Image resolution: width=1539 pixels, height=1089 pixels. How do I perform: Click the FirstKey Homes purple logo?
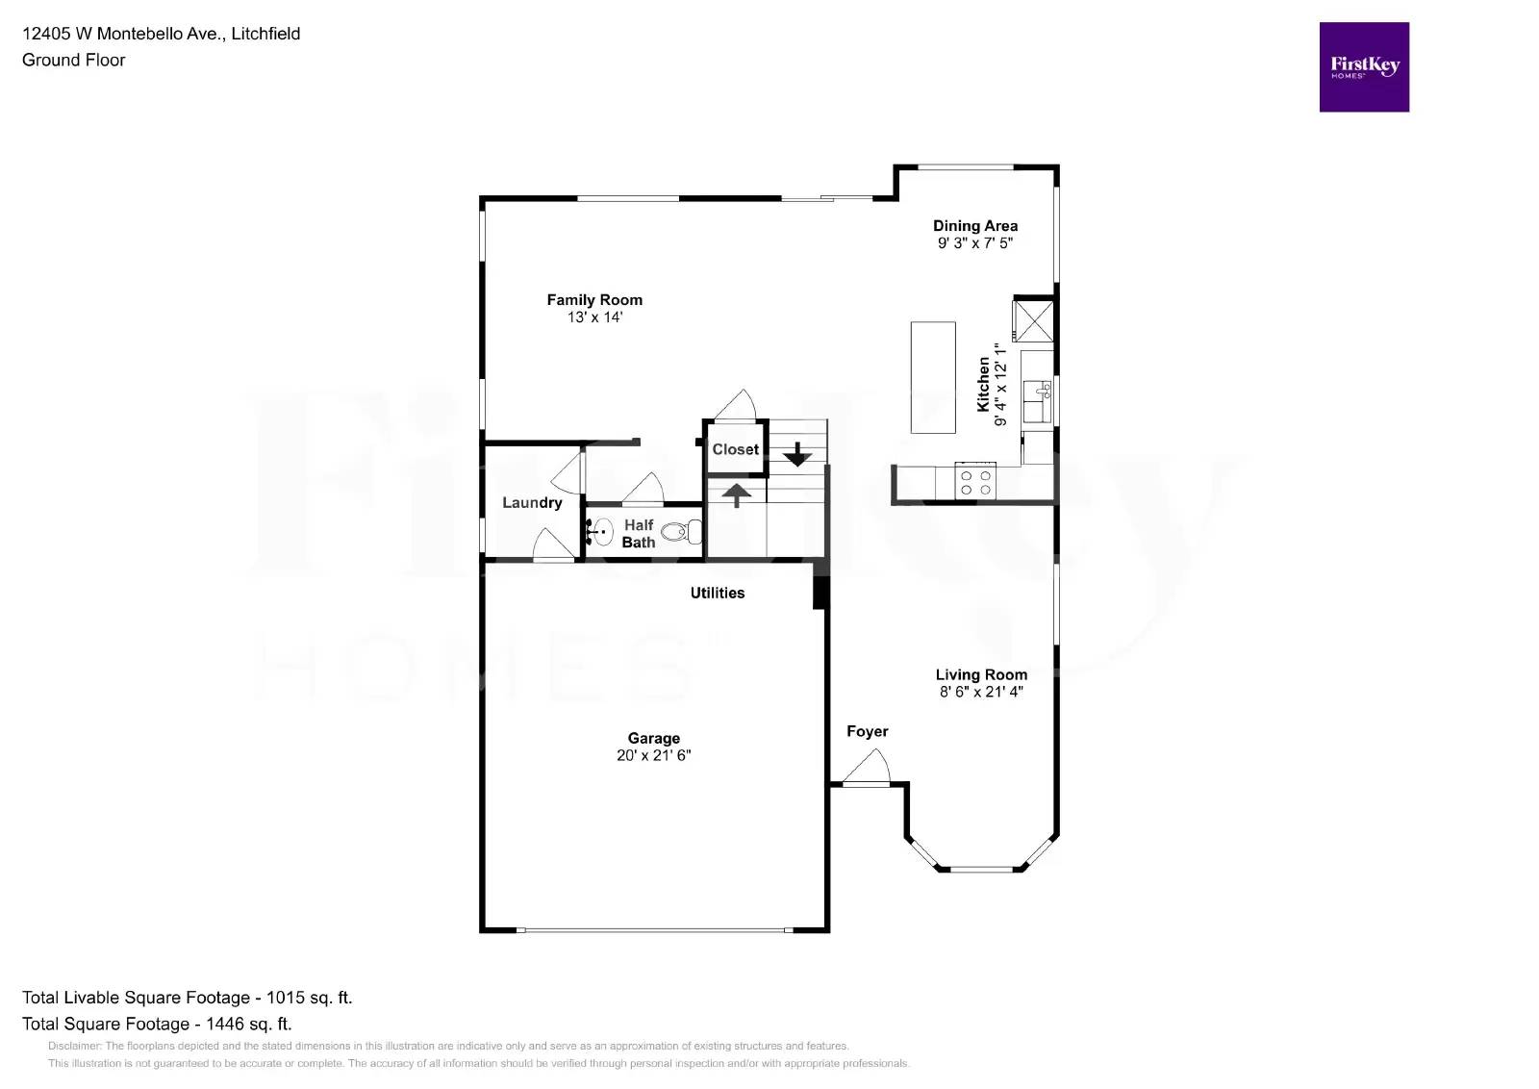click(1363, 67)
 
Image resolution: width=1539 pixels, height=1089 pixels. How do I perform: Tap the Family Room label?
click(594, 300)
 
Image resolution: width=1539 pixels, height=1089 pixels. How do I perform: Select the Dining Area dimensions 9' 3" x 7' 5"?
click(974, 243)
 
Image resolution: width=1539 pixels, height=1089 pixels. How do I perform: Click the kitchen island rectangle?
click(932, 377)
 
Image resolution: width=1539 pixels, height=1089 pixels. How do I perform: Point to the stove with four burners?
click(975, 482)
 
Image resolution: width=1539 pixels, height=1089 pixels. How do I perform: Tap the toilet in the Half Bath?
click(684, 531)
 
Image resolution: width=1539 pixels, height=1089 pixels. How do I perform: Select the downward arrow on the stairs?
click(796, 454)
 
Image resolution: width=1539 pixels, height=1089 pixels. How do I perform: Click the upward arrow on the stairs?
click(737, 494)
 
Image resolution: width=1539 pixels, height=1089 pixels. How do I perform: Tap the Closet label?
click(735, 449)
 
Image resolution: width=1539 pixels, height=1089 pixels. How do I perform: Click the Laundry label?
click(532, 502)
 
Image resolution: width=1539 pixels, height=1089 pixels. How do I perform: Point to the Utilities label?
click(717, 593)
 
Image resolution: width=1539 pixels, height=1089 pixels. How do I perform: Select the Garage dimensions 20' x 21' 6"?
click(653, 756)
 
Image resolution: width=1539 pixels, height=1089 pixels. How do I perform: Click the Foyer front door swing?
click(869, 768)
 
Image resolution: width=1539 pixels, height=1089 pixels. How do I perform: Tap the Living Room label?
click(980, 674)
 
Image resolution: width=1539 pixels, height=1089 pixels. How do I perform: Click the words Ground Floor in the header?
click(73, 60)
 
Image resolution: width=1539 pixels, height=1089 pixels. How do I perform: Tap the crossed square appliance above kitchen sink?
click(1033, 320)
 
